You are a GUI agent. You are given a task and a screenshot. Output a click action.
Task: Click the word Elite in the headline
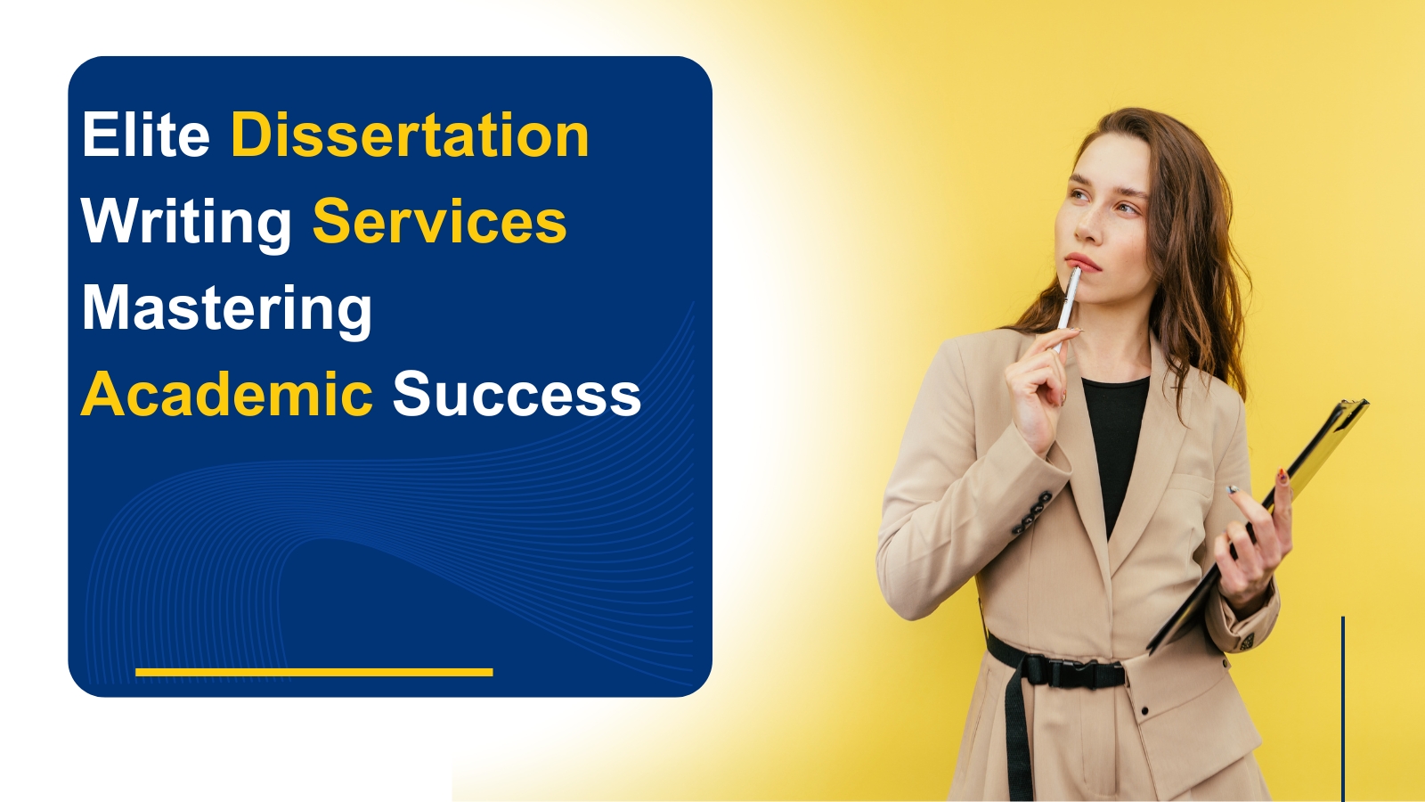(146, 135)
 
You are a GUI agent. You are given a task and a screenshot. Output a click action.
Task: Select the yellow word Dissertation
(410, 135)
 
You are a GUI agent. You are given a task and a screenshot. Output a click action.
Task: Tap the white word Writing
(187, 224)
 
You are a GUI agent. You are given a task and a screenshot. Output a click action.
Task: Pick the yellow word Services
(439, 221)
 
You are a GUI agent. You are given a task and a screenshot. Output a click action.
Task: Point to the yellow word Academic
(227, 395)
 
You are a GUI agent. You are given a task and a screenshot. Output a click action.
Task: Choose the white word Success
(517, 395)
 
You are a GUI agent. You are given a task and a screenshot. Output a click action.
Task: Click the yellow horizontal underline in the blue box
(314, 672)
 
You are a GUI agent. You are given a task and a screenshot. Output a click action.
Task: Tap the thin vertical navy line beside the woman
(1343, 708)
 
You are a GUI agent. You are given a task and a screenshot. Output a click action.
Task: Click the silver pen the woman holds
(1068, 306)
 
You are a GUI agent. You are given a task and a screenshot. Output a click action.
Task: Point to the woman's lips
(1082, 262)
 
